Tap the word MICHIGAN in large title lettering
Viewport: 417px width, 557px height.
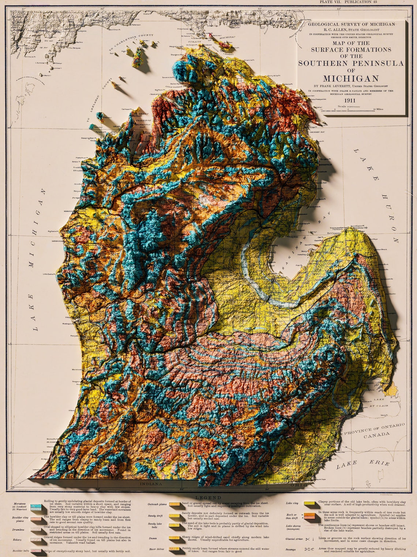tap(351, 78)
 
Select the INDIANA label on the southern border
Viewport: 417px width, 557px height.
tap(150, 484)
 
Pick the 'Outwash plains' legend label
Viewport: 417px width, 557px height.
tap(157, 504)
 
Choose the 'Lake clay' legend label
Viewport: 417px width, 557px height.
tap(293, 503)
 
